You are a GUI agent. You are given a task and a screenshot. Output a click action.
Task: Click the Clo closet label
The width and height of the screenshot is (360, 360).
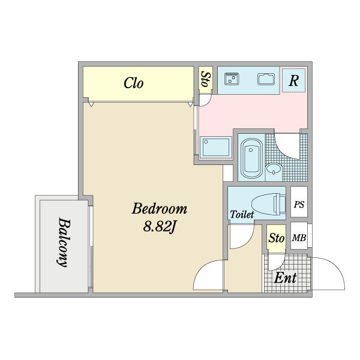[x=134, y=83]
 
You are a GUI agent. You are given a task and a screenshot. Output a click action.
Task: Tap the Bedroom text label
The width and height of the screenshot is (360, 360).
[x=160, y=209]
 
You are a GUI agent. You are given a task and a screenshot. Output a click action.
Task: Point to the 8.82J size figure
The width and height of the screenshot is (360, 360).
[x=160, y=227]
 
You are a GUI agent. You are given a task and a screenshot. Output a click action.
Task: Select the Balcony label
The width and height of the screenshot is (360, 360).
[x=64, y=242]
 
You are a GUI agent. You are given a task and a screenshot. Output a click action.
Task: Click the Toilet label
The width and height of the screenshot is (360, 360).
[x=242, y=214]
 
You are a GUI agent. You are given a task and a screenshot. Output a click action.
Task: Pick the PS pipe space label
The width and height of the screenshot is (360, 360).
[x=299, y=205]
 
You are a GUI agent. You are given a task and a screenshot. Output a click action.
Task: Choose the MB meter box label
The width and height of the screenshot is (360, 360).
[x=299, y=238]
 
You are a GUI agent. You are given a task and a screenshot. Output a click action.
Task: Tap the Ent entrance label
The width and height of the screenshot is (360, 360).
[x=285, y=278]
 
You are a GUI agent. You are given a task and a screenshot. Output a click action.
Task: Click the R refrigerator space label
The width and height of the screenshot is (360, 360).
[x=293, y=80]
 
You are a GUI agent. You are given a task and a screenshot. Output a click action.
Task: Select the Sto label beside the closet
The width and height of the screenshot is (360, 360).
[x=205, y=79]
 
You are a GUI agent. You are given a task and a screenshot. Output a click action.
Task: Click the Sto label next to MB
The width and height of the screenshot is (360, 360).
[x=277, y=238]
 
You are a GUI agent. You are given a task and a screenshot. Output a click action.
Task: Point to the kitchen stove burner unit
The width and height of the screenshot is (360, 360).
[x=232, y=79]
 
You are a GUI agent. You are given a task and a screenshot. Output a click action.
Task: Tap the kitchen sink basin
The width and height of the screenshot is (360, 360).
[x=266, y=79]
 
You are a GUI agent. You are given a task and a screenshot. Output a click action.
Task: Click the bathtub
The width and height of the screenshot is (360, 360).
[x=251, y=158]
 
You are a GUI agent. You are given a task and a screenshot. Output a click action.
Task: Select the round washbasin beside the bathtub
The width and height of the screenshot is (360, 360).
[x=274, y=169]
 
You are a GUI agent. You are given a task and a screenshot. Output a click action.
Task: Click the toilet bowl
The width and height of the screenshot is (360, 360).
[x=268, y=204]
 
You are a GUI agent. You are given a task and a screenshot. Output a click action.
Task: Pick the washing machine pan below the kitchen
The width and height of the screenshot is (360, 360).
[x=215, y=148]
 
